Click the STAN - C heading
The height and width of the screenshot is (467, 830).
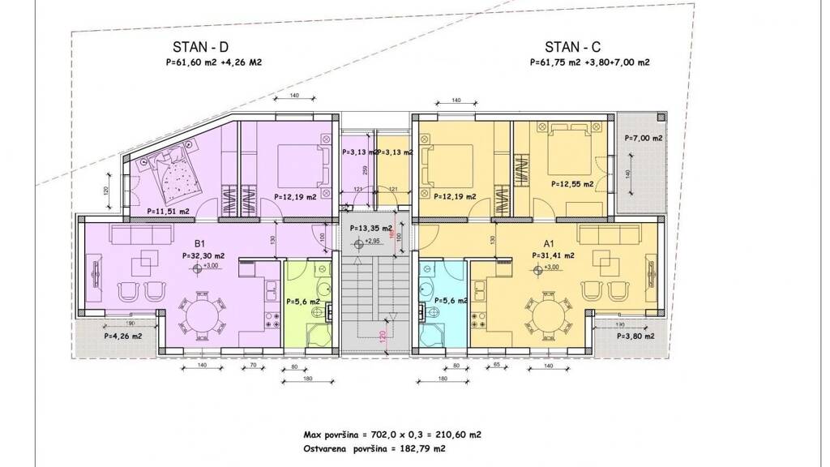click(x=573, y=47)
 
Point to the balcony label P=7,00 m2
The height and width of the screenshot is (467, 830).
click(x=644, y=139)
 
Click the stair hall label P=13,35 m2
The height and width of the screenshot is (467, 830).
click(x=371, y=229)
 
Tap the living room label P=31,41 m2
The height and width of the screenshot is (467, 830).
click(x=554, y=255)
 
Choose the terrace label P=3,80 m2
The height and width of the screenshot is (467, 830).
click(x=635, y=336)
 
